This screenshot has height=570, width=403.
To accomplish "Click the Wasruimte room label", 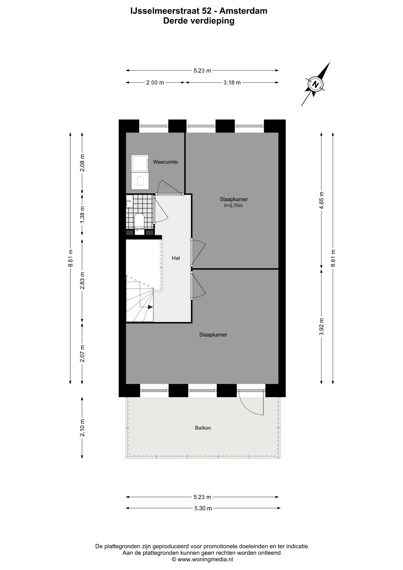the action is coord(165,162).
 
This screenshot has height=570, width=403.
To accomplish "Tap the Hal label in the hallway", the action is coord(176,258).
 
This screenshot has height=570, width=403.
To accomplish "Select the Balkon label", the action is coord(203,428).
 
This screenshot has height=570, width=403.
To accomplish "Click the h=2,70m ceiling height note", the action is coord(234,205).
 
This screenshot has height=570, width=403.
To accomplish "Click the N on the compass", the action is coord(316,85).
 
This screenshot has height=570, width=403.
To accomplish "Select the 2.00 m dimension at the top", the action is coord(155,83).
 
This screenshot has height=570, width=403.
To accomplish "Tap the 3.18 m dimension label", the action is coord(232,83).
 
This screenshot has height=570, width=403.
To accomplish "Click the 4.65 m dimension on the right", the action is coord(321,200).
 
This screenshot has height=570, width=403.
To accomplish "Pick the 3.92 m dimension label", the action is coord(321,327).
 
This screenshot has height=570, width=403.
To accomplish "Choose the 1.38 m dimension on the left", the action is coord(82,215).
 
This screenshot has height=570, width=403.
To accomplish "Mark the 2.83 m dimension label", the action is coord(82,281).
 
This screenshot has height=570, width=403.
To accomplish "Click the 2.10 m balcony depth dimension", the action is coord(82,427).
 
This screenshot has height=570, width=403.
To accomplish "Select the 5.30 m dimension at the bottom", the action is coord(203,508).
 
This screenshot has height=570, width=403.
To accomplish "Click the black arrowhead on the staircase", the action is coord(150,307).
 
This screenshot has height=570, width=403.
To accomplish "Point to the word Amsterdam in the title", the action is coord(243,11).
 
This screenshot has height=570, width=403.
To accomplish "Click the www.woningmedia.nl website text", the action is coord(205,559).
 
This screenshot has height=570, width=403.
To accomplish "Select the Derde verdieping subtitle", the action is coord(199,21).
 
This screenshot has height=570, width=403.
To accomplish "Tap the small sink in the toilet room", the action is coord(129,201).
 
